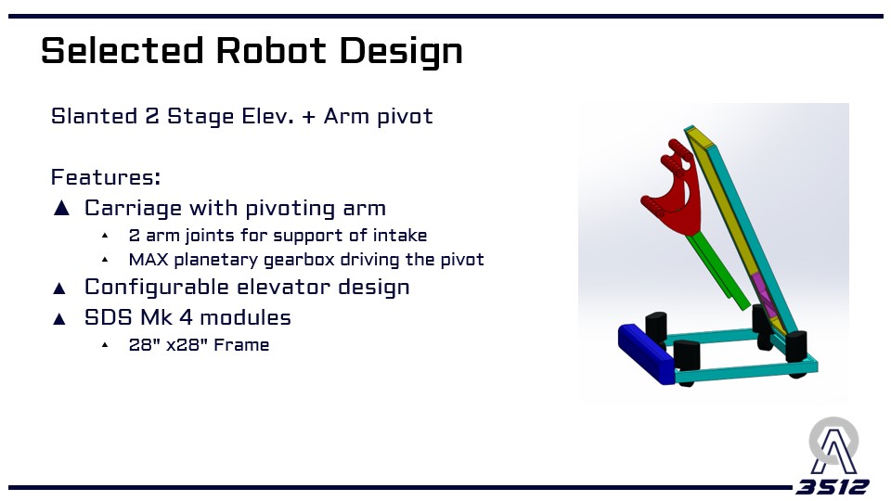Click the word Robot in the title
pyautogui.click(x=271, y=50)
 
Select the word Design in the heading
pyautogui.click(x=401, y=52)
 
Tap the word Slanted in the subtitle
pyautogui.click(x=94, y=116)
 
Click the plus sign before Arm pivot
pyautogui.click(x=308, y=117)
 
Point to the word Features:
pyautogui.click(x=106, y=176)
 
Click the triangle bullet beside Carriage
pyautogui.click(x=61, y=208)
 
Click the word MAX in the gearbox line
pyautogui.click(x=148, y=260)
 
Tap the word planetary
pyautogui.click(x=216, y=261)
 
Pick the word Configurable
pyautogui.click(x=156, y=288)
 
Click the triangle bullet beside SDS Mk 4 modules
pyautogui.click(x=59, y=318)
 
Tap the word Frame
pyautogui.click(x=241, y=345)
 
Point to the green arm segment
pyautogui.click(x=718, y=270)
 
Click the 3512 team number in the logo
pyautogui.click(x=833, y=487)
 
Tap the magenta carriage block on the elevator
pyautogui.click(x=765, y=294)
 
